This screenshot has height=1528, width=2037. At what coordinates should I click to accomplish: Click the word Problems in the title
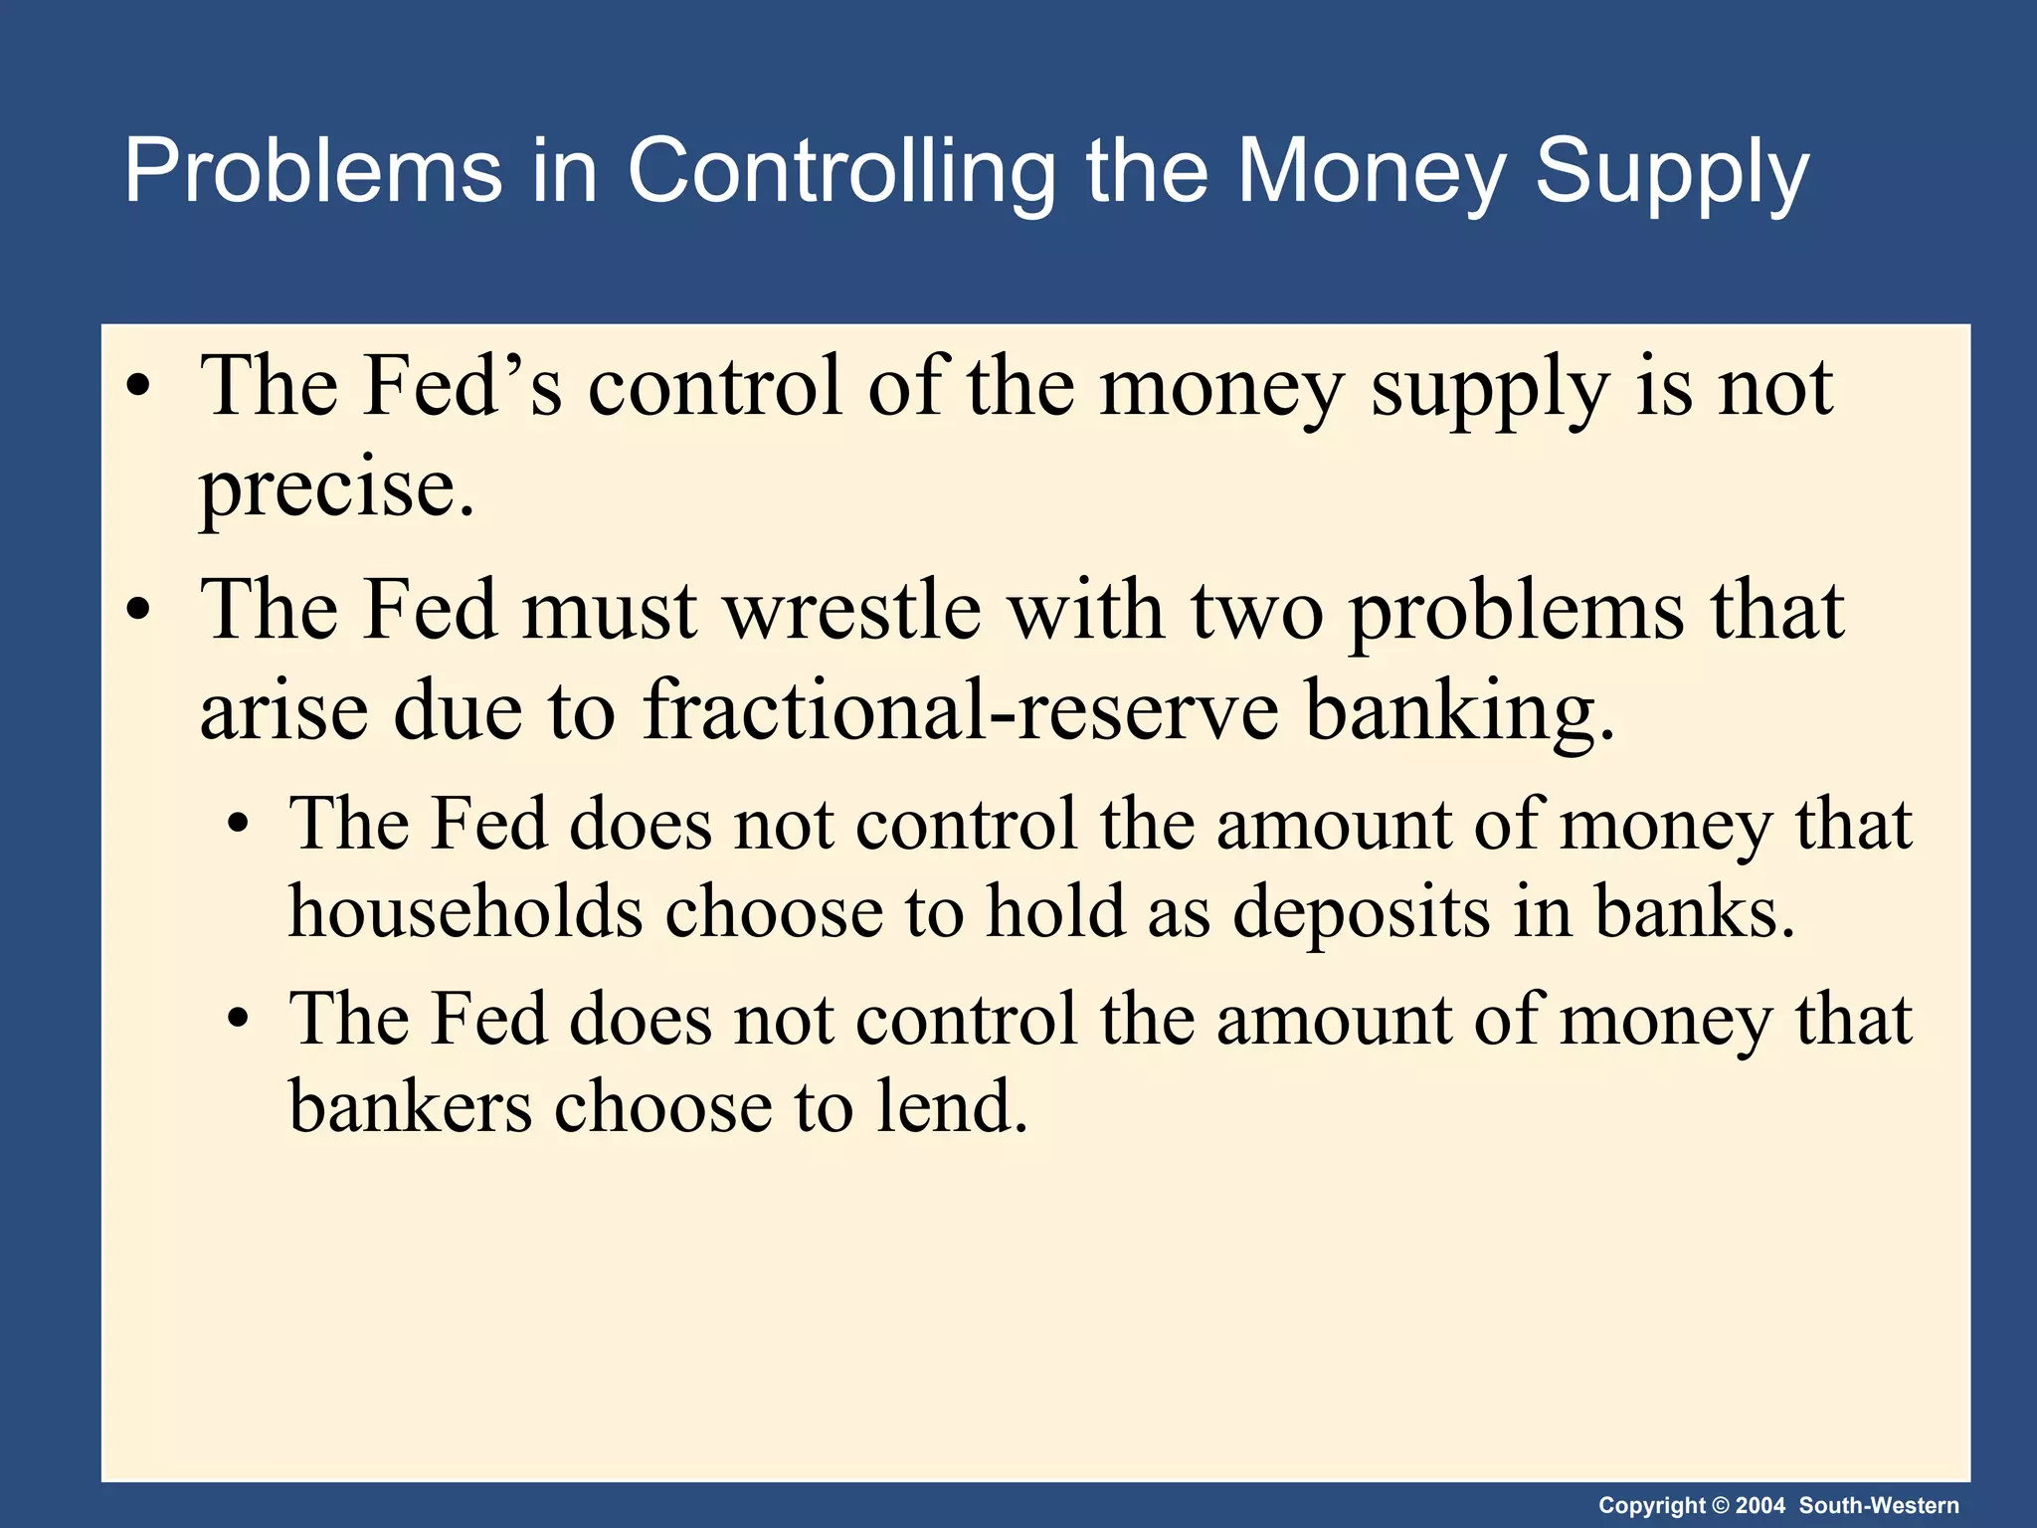tap(313, 171)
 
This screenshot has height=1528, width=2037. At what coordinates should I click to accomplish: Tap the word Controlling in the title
tap(840, 171)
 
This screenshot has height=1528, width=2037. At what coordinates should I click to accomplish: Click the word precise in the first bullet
tap(336, 489)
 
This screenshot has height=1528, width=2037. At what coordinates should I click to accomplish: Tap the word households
tap(465, 911)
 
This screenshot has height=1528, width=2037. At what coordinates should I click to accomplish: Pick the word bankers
tap(410, 1106)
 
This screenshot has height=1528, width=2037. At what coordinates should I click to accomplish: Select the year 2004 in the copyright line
tap(1759, 1505)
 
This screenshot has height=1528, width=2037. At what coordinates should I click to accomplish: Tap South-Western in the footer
tap(1879, 1505)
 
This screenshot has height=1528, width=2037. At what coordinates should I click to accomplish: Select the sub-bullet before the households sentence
tap(237, 825)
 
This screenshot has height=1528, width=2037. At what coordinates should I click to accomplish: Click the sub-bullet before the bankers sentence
tap(237, 1020)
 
